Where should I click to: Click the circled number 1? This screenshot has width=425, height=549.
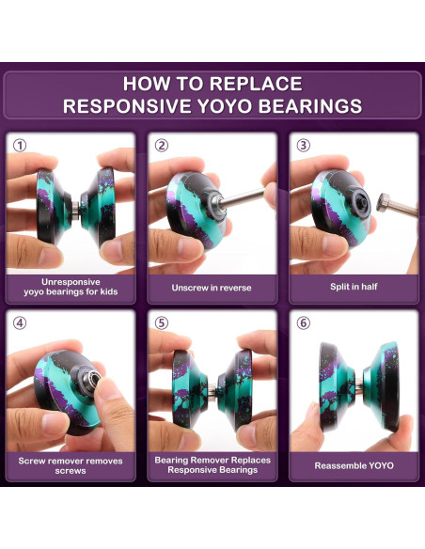pyautogui.click(x=20, y=146)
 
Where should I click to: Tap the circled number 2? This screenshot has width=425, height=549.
pyautogui.click(x=162, y=146)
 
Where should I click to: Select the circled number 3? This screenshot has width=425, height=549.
pyautogui.click(x=304, y=146)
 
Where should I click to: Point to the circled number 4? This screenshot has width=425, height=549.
pyautogui.click(x=20, y=323)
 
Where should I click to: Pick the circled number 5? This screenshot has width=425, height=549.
pyautogui.click(x=162, y=323)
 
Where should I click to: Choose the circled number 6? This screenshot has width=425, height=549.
pyautogui.click(x=304, y=323)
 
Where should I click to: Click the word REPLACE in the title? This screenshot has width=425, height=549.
pyautogui.click(x=256, y=84)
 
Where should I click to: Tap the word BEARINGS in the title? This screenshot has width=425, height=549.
pyautogui.click(x=310, y=106)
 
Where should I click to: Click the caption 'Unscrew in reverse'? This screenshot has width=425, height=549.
pyautogui.click(x=212, y=288)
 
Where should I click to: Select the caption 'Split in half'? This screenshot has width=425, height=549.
pyautogui.click(x=354, y=287)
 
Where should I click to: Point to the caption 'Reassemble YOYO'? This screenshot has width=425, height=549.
pyautogui.click(x=354, y=465)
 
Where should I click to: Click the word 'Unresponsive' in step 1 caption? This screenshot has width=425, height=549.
pyautogui.click(x=71, y=282)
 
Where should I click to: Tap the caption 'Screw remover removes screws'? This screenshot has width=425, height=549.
pyautogui.click(x=71, y=465)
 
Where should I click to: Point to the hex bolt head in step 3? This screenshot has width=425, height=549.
pyautogui.click(x=383, y=202)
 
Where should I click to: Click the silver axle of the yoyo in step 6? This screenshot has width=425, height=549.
pyautogui.click(x=359, y=385)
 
